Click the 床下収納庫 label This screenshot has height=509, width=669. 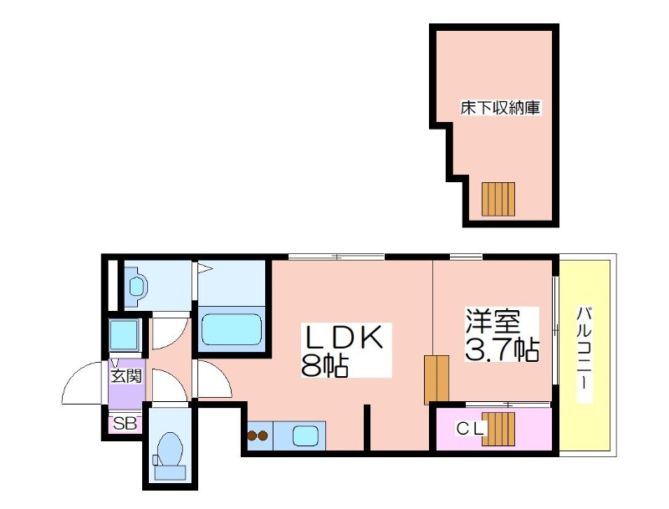pos(498,108)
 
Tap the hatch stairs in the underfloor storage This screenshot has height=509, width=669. pos(498,199)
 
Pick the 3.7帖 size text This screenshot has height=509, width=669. pos(501,349)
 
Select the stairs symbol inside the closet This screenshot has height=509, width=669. pos(499,429)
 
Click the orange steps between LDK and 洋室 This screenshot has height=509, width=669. pos(436,379)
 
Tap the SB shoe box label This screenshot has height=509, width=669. pos(125,424)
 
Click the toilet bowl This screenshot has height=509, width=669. pos(170,451)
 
